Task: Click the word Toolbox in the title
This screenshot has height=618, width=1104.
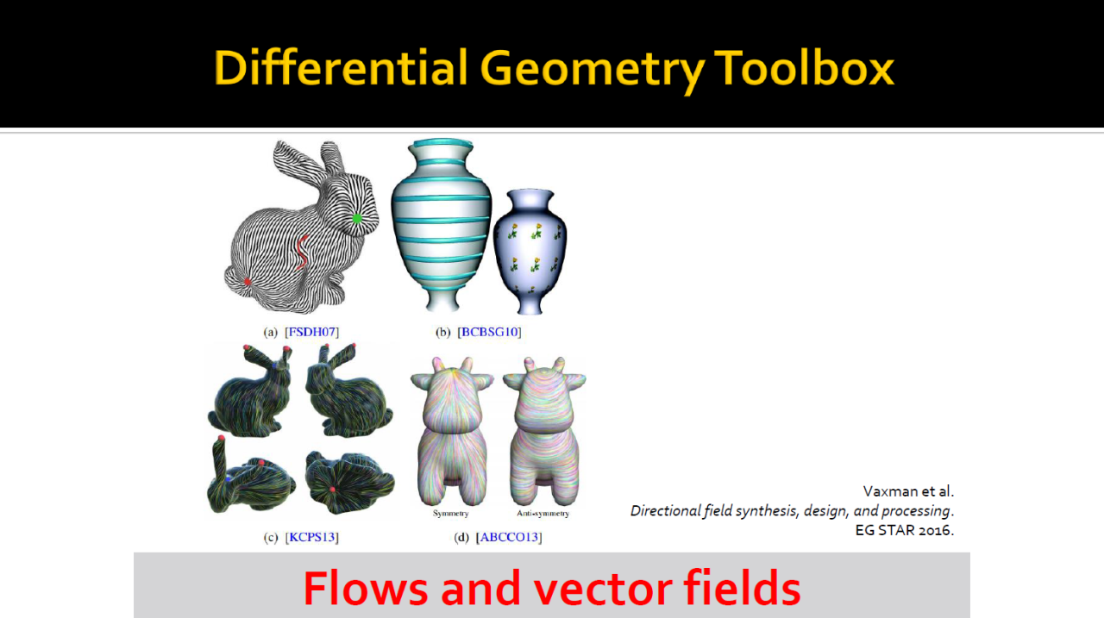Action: pyautogui.click(x=805, y=68)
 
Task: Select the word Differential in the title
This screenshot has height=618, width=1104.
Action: pyautogui.click(x=341, y=67)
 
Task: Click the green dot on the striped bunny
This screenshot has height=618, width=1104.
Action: pyautogui.click(x=357, y=218)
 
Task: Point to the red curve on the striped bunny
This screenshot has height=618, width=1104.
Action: pyautogui.click(x=302, y=253)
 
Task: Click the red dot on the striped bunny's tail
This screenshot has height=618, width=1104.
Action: pyautogui.click(x=248, y=282)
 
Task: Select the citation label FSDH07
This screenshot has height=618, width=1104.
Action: pyautogui.click(x=312, y=332)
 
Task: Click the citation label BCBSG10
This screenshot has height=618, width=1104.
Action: pyautogui.click(x=489, y=332)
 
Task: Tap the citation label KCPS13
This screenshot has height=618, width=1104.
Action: pyautogui.click(x=312, y=537)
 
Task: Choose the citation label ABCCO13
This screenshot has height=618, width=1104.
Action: pyautogui.click(x=509, y=537)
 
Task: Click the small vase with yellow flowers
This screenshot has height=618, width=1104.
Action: pyautogui.click(x=530, y=251)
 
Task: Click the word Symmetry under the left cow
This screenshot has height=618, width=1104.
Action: pyautogui.click(x=450, y=513)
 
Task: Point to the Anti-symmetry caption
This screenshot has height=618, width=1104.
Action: pyautogui.click(x=543, y=513)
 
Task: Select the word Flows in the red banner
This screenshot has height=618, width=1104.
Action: pyautogui.click(x=365, y=588)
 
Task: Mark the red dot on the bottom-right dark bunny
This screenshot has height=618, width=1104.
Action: pyautogui.click(x=333, y=490)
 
